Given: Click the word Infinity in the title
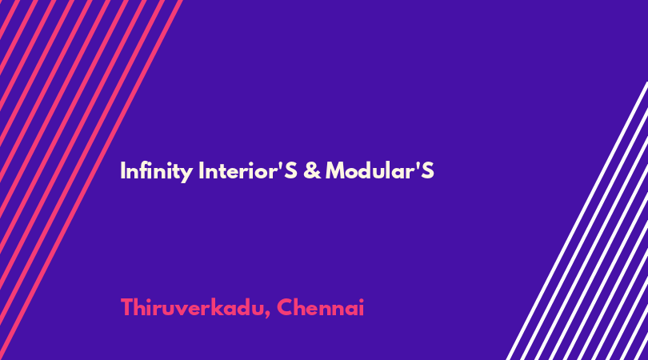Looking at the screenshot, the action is (x=156, y=171).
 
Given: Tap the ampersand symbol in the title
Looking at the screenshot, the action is (x=312, y=170).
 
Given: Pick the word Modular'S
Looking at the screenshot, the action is (x=380, y=170).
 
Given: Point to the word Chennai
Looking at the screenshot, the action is (x=320, y=307).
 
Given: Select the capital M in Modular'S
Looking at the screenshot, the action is (x=335, y=170).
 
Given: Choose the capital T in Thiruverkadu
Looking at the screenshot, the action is (x=127, y=307).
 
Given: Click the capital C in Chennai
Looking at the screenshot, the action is (x=285, y=307).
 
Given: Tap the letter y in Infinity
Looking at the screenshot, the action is (x=186, y=174).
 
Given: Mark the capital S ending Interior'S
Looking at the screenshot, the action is (x=290, y=170).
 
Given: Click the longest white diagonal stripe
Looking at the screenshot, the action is (x=578, y=221).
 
